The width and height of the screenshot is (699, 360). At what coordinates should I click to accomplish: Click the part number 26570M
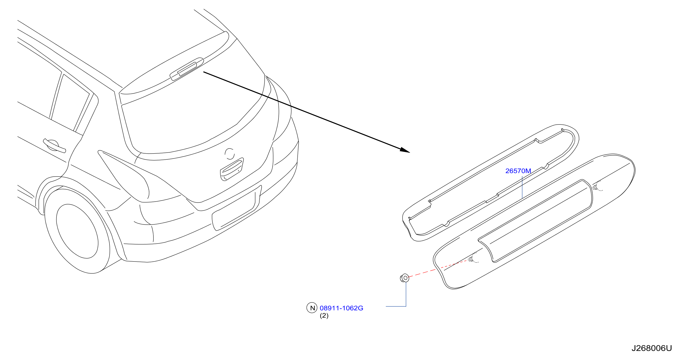click(518, 171)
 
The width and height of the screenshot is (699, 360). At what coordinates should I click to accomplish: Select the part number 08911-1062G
click(341, 308)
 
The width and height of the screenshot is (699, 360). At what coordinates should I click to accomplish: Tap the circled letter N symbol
click(312, 308)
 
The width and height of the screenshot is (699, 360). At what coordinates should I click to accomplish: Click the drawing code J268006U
click(651, 348)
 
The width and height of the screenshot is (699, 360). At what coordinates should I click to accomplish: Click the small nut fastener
click(405, 278)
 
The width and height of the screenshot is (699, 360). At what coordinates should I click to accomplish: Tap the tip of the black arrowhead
click(410, 153)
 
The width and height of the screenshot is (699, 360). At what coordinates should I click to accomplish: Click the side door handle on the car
click(55, 146)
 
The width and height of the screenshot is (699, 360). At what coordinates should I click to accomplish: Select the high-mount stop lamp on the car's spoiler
click(187, 69)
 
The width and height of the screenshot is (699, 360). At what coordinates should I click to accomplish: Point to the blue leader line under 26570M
click(522, 187)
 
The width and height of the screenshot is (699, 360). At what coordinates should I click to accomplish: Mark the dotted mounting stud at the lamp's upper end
click(597, 186)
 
